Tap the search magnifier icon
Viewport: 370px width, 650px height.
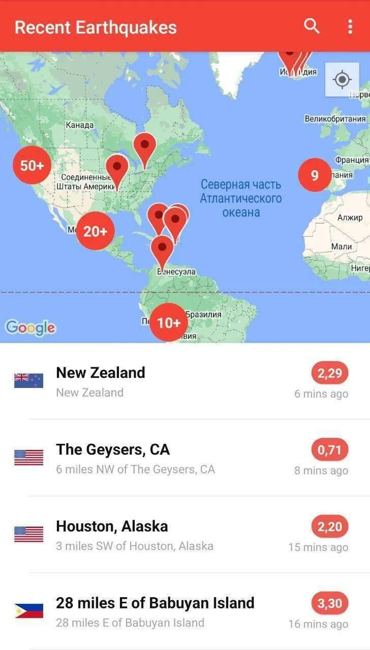click(312, 26)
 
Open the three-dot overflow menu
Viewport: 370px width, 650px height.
click(350, 26)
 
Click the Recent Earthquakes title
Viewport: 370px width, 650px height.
click(96, 27)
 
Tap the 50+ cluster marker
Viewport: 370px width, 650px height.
click(32, 165)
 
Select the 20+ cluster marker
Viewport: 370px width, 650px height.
click(96, 232)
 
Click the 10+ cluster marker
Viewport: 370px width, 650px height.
click(169, 322)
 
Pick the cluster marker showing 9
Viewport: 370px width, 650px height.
click(315, 175)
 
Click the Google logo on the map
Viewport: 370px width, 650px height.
click(30, 328)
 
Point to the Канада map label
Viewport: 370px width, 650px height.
click(79, 125)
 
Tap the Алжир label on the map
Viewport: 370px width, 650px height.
click(350, 218)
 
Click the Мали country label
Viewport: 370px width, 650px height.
click(341, 246)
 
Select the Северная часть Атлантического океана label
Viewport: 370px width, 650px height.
click(240, 198)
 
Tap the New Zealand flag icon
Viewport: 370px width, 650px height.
click(28, 380)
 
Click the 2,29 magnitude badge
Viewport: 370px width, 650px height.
click(330, 374)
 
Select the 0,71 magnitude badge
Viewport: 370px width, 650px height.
click(330, 450)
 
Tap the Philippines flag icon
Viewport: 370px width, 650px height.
click(28, 610)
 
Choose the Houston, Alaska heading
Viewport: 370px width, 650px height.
click(112, 526)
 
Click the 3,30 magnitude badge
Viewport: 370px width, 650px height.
click(330, 604)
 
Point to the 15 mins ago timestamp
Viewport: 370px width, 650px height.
click(318, 547)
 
